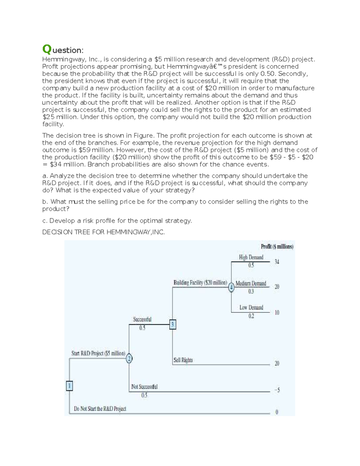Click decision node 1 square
pos(69,386)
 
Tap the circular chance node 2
pos(129,358)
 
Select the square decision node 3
pos(172,324)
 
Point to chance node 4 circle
pos(231,287)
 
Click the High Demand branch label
pos(251,257)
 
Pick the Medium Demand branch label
pos(251,283)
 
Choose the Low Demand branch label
pos(251,307)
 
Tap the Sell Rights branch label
pos(183,360)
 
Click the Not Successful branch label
pos(144,386)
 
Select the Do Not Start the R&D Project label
pos(100,409)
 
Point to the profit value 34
pos(277,262)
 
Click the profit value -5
pos(277,390)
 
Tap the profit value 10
pos(277,313)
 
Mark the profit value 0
pos(277,412)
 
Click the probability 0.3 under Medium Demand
pos(251,291)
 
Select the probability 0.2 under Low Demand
pos(251,316)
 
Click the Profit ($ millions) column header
pos(277,247)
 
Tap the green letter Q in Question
pos(46,49)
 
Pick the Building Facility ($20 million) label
pos(200,283)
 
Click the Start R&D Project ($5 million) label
pos(98,353)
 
